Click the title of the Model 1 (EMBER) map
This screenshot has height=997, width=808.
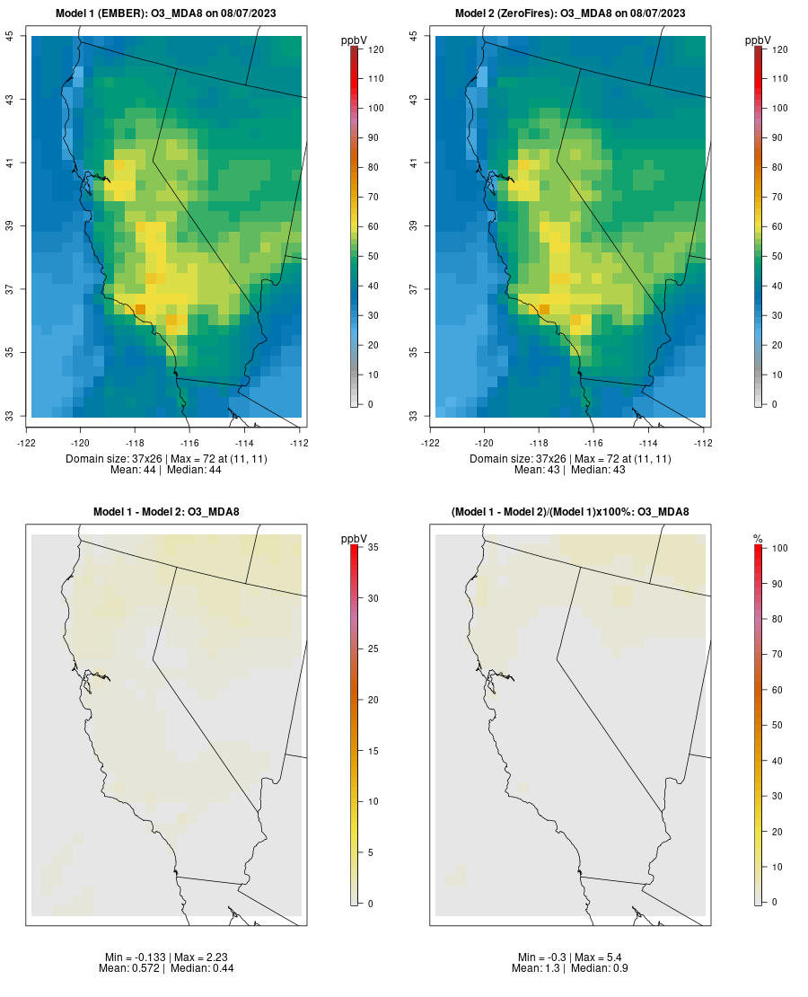pos(166,13)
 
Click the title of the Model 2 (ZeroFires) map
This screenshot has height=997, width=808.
pos(570,13)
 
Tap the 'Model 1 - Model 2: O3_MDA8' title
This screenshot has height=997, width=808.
pos(166,512)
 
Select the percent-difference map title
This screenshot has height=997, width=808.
pos(570,512)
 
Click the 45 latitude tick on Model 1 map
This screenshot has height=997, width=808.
pos(11,35)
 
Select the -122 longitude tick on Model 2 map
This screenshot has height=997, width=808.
pos(431,442)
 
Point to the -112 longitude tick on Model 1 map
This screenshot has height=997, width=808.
pos(300,442)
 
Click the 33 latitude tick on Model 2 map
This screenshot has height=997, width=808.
pos(415,416)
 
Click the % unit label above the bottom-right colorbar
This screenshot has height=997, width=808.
pos(758,538)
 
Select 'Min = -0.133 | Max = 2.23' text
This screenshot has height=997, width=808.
pos(166,957)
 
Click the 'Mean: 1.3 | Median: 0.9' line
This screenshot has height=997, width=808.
pos(570,968)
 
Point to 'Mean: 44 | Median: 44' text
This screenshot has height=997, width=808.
pos(166,470)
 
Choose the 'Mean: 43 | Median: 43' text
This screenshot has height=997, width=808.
pos(570,470)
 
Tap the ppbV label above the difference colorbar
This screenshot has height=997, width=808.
pos(355,538)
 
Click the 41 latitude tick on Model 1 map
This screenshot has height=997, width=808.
pos(11,163)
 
